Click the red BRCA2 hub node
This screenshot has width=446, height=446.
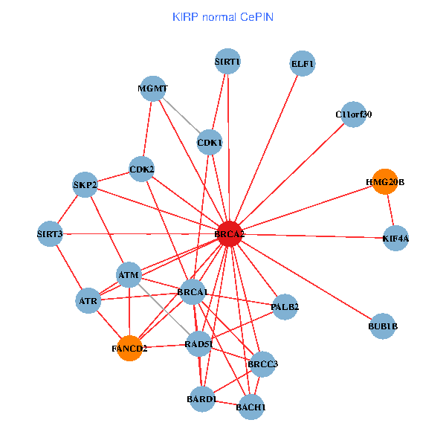tap(230, 234)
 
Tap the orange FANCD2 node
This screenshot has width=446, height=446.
tap(129, 348)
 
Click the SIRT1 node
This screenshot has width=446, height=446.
tap(227, 61)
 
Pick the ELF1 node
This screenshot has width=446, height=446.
tap(303, 64)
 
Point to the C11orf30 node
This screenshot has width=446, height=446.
tap(353, 114)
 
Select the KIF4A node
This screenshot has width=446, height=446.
tap(395, 239)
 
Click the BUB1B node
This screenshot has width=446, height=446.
tap(383, 326)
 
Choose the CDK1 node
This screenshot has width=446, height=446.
tap(210, 141)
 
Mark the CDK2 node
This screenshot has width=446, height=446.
tap(141, 169)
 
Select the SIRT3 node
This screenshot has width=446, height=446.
tap(51, 235)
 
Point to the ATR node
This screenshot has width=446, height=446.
tap(88, 301)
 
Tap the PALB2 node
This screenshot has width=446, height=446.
tap(285, 306)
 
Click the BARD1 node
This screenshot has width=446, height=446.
tap(202, 399)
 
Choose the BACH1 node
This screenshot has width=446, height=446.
tap(251, 407)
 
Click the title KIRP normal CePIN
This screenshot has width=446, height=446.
tap(222, 16)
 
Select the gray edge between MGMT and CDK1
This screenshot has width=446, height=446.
tap(181, 114)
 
